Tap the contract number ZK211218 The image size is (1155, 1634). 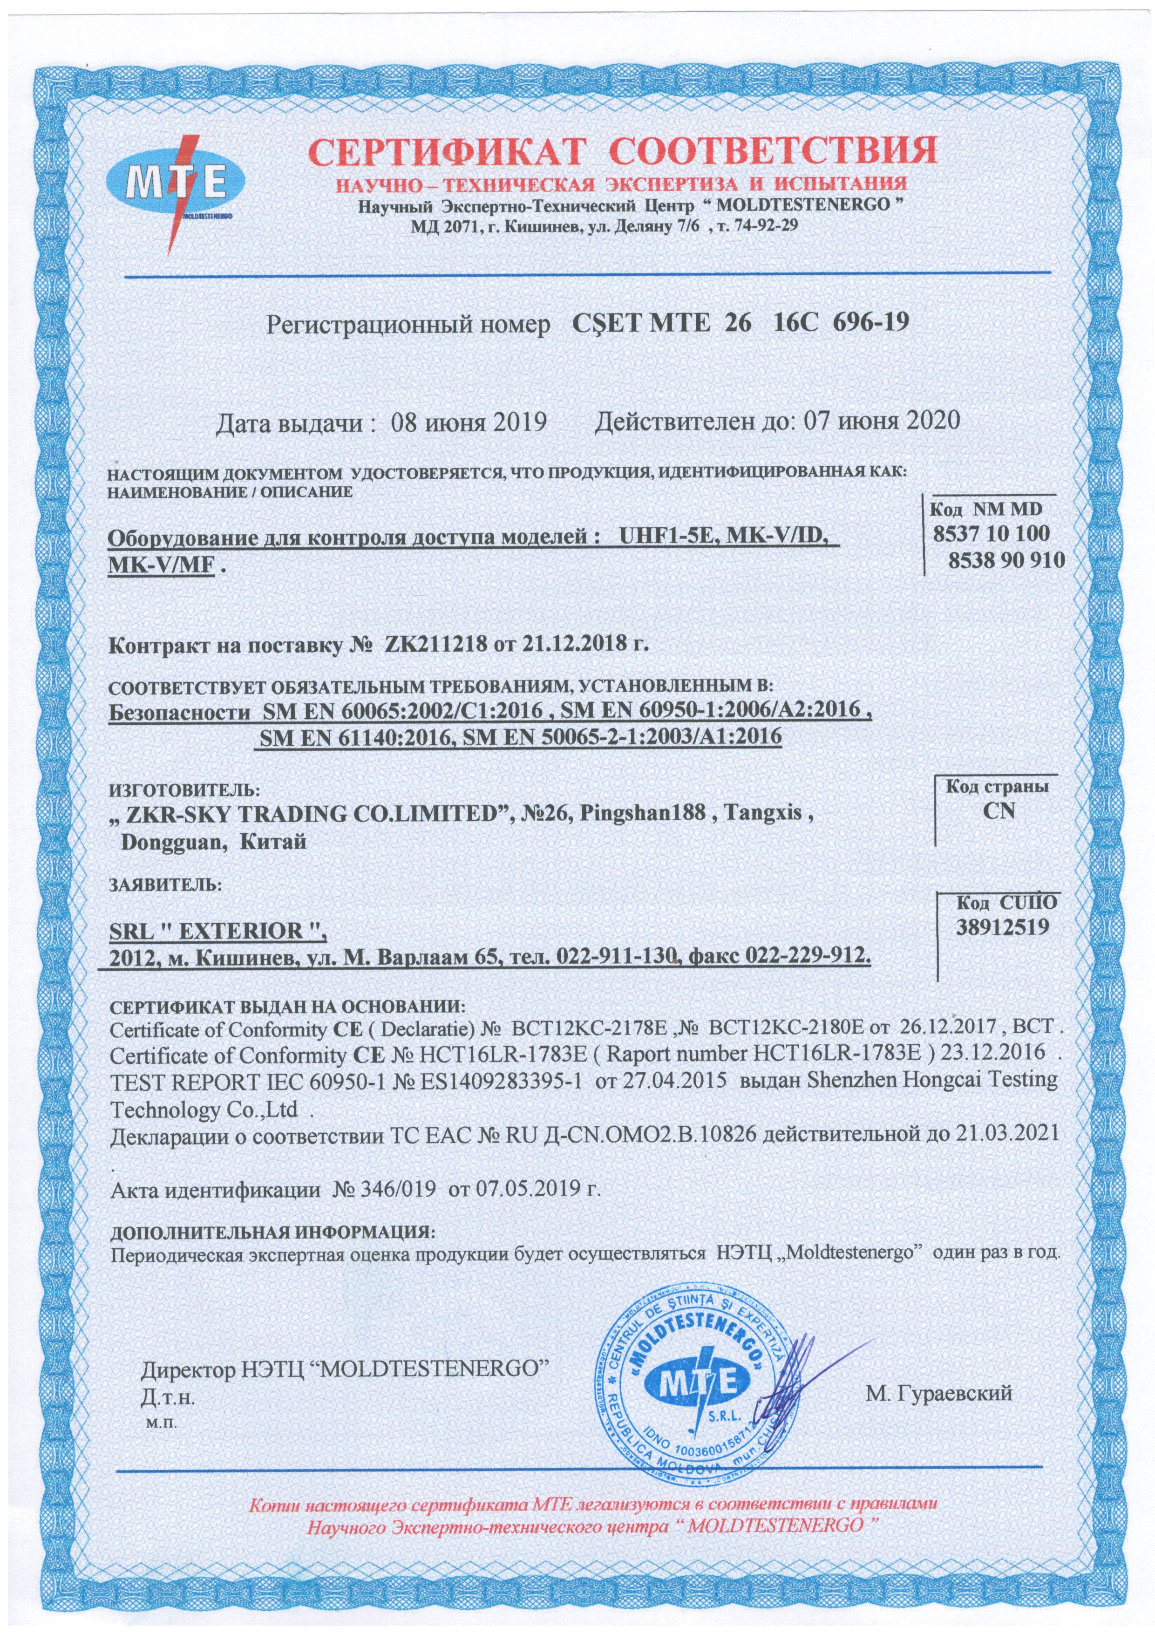point(435,646)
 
